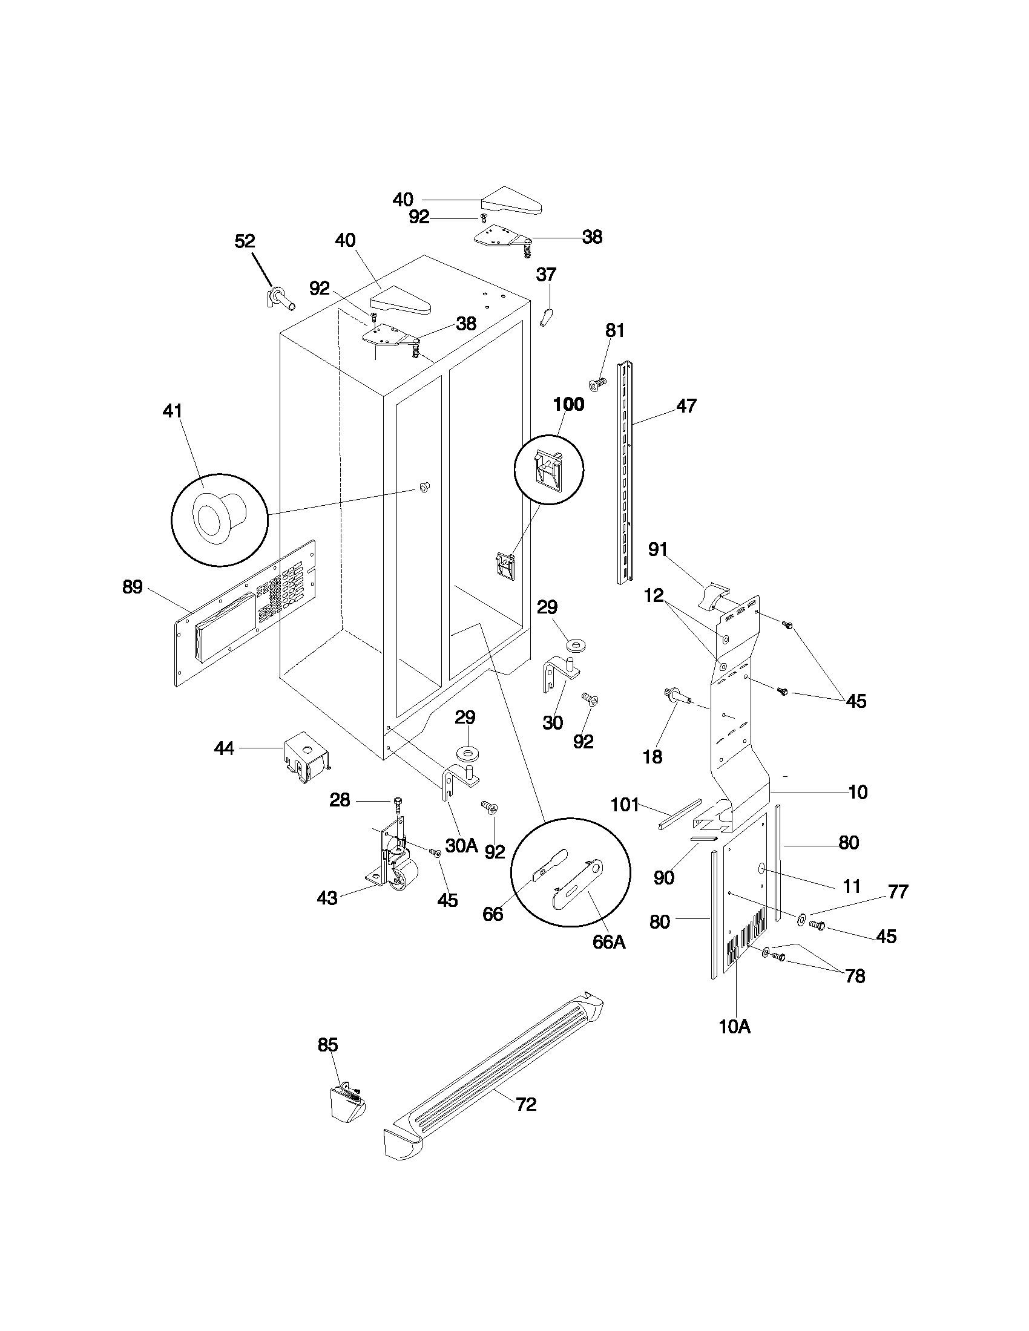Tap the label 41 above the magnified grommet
click(173, 411)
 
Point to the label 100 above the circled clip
click(568, 404)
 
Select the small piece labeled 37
click(546, 317)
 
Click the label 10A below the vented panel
click(735, 1027)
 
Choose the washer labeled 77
click(800, 918)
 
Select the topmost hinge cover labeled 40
click(511, 201)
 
